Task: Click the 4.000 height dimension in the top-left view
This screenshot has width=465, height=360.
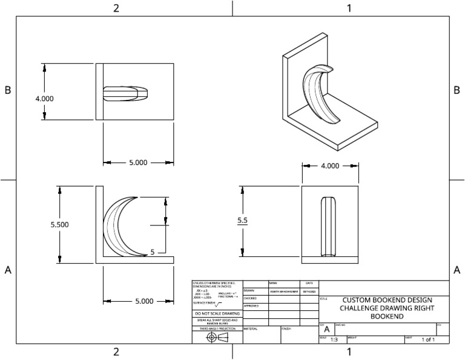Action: [44, 99]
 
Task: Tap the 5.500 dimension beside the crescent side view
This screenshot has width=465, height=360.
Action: [59, 224]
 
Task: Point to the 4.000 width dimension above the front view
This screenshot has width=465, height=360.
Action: [329, 166]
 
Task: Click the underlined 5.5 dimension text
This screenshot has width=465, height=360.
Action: [242, 221]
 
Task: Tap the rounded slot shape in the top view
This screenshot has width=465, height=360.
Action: [125, 93]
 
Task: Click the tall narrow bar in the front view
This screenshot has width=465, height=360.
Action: [329, 225]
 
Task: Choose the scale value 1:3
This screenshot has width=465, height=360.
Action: [334, 340]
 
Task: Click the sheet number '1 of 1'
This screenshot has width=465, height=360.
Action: [428, 340]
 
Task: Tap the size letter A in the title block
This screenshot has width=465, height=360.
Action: [327, 329]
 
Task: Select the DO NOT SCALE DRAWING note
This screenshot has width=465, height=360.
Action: [217, 313]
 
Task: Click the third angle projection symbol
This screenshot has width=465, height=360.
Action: [217, 337]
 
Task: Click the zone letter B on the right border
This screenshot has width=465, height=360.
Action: [457, 90]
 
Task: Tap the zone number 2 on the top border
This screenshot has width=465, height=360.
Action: [116, 8]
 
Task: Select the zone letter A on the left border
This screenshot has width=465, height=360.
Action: [8, 270]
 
